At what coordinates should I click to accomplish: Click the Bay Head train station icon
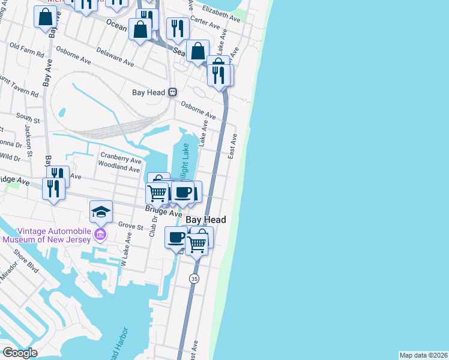tap(172, 92)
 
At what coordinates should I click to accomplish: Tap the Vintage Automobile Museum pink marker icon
tap(101, 233)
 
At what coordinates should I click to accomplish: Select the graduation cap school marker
tap(101, 211)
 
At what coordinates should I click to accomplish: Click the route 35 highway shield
tap(193, 278)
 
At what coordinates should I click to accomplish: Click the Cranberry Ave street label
tap(121, 158)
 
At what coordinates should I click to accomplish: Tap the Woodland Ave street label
tap(119, 167)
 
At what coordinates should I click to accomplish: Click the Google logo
tap(20, 353)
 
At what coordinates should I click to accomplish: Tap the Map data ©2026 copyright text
tap(424, 355)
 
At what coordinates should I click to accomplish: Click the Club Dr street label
tap(152, 226)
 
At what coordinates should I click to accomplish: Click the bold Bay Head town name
tap(206, 220)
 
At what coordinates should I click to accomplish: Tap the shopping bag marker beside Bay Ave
tap(45, 17)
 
